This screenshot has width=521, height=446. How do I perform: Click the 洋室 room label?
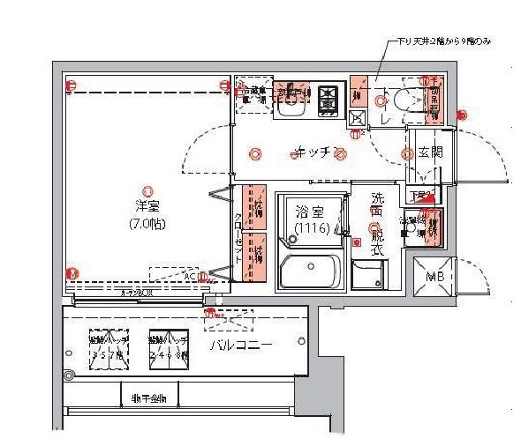(x=147, y=206)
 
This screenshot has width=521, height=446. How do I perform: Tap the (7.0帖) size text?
(x=147, y=223)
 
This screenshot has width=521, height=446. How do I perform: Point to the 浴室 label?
(x=309, y=212)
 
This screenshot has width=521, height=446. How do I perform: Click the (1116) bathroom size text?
(x=309, y=228)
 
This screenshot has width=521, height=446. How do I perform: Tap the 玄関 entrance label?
(x=430, y=152)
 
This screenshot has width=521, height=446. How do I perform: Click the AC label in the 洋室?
(x=189, y=277)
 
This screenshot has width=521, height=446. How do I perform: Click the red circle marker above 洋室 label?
(x=147, y=188)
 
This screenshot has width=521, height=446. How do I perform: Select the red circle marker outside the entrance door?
(x=461, y=114)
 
